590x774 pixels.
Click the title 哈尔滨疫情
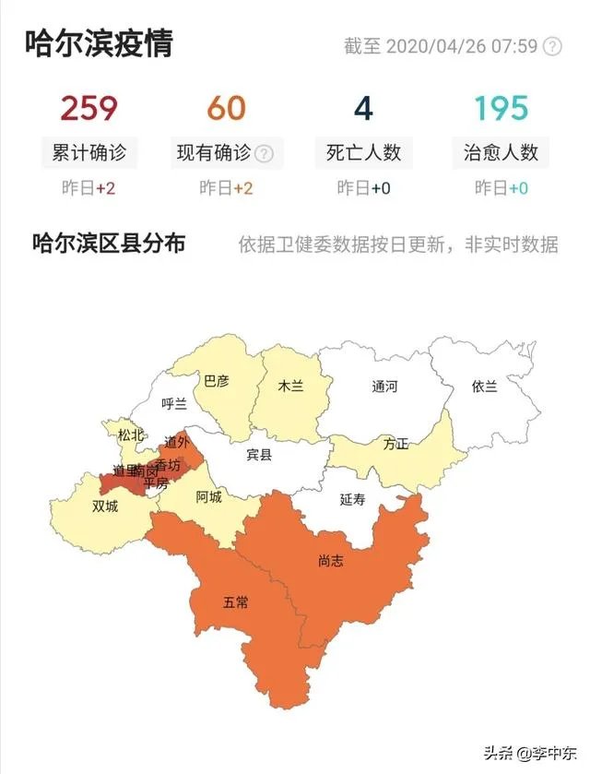click(x=100, y=42)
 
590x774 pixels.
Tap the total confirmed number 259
click(x=89, y=109)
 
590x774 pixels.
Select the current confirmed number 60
click(x=226, y=109)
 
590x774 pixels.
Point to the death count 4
click(x=363, y=109)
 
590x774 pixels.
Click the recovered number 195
click(x=501, y=109)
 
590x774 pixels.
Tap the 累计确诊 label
click(x=89, y=152)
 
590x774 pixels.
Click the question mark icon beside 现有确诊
click(x=264, y=153)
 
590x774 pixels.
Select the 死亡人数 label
click(x=363, y=152)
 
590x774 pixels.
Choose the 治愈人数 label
click(x=501, y=152)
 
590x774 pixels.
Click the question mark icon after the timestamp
click(x=552, y=46)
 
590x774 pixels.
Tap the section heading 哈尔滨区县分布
click(x=109, y=244)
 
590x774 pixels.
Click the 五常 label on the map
click(x=236, y=602)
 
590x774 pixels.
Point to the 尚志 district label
click(x=330, y=560)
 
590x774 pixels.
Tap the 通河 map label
click(x=384, y=387)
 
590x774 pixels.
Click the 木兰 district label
click(x=290, y=387)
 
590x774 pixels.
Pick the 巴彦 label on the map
click(x=217, y=380)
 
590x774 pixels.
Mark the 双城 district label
click(x=105, y=506)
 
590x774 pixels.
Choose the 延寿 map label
click(x=353, y=499)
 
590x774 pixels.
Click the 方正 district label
click(x=396, y=444)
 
